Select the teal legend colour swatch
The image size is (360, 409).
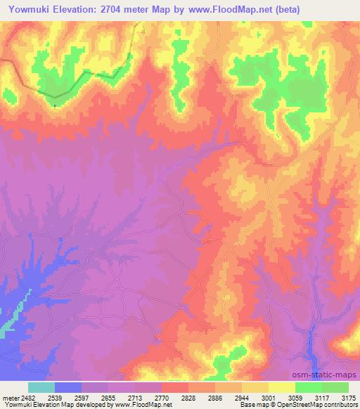tap(41, 387)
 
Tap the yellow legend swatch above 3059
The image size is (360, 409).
tap(282, 387)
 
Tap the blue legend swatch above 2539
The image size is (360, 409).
tap(68, 387)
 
